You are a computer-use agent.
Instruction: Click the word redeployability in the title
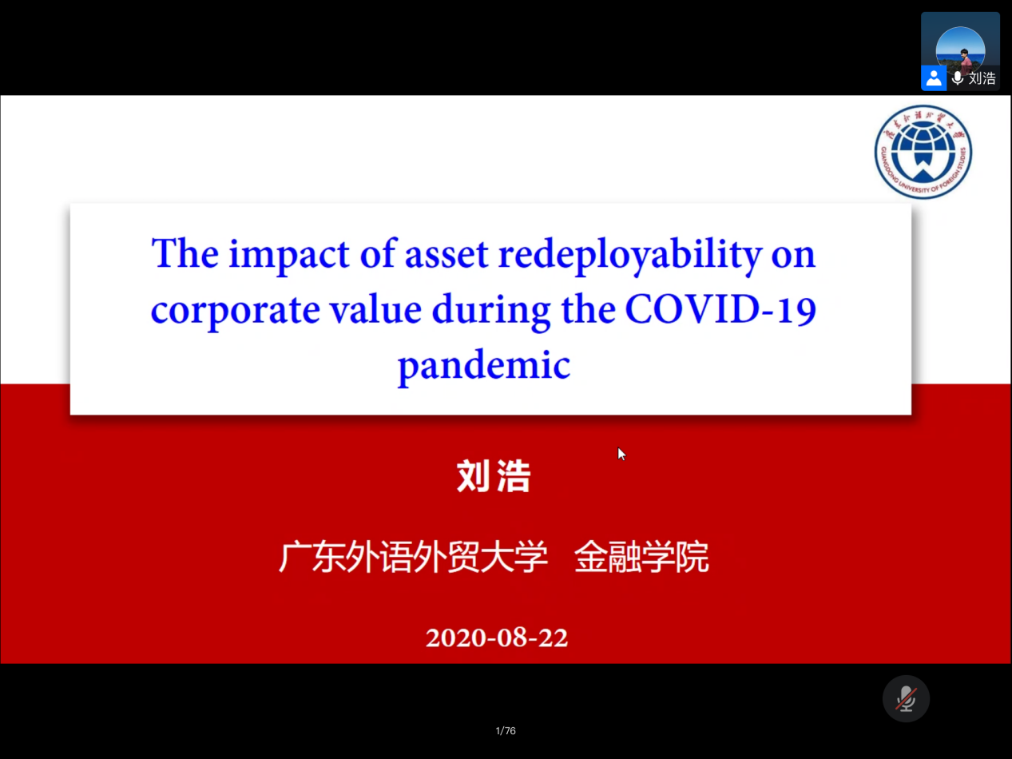pyautogui.click(x=629, y=255)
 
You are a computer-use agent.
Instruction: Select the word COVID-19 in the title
pyautogui.click(x=720, y=309)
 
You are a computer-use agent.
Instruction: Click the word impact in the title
pyautogui.click(x=289, y=254)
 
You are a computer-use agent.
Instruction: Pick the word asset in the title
pyautogui.click(x=446, y=256)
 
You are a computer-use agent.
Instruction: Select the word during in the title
pyautogui.click(x=491, y=310)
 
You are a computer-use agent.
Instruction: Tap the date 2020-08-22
pyautogui.click(x=497, y=638)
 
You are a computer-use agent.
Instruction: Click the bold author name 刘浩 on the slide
pyautogui.click(x=494, y=476)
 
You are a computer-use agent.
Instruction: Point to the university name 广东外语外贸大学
pyautogui.click(x=413, y=557)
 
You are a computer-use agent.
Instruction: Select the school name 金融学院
pyautogui.click(x=641, y=557)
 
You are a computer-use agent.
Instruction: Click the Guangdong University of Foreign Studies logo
pyautogui.click(x=923, y=152)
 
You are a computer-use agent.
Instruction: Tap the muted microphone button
pyautogui.click(x=906, y=698)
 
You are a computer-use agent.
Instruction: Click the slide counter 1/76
pyautogui.click(x=506, y=731)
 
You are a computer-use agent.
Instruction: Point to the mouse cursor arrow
pyautogui.click(x=621, y=454)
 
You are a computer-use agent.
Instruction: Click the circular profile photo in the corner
pyautogui.click(x=960, y=50)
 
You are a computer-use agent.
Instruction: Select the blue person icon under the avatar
pyautogui.click(x=934, y=78)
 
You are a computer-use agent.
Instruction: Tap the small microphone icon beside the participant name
pyautogui.click(x=958, y=78)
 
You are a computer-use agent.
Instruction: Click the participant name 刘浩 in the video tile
pyautogui.click(x=982, y=78)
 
